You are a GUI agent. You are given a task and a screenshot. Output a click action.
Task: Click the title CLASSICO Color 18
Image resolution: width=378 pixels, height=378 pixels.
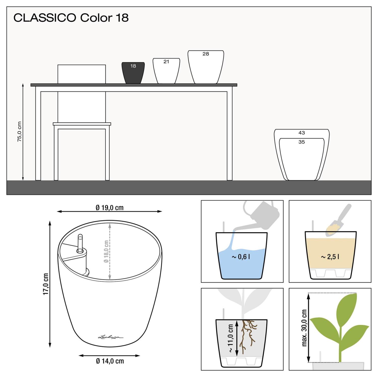[x=71, y=18]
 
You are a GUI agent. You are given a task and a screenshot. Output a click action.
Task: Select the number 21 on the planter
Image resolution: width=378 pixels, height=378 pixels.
[x=166, y=62]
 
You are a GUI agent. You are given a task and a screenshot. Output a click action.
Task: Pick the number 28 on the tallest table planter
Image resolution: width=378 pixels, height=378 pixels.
[x=206, y=54]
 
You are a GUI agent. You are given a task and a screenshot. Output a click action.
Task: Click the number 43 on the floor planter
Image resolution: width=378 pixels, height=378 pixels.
[x=301, y=133]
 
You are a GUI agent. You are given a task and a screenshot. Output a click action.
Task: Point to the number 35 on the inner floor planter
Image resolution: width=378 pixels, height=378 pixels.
[x=301, y=142]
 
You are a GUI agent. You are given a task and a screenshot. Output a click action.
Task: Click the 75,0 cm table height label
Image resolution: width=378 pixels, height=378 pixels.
[x=19, y=132]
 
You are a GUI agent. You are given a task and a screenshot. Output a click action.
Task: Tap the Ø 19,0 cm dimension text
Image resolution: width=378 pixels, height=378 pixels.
[x=109, y=208]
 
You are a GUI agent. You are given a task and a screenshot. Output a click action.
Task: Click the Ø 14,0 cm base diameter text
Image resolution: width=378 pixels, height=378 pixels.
[x=110, y=361]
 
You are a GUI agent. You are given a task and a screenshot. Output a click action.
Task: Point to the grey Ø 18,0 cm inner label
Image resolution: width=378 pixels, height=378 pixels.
[x=106, y=251]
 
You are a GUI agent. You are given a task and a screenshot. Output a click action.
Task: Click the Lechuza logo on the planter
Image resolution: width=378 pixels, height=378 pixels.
[x=111, y=337]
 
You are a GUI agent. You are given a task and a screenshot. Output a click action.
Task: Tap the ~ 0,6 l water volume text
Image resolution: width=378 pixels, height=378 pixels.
[x=241, y=257]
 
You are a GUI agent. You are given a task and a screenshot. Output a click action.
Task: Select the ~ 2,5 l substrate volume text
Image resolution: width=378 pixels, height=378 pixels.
[x=330, y=257]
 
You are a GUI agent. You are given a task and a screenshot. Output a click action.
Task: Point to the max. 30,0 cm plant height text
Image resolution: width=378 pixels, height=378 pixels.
[x=304, y=328]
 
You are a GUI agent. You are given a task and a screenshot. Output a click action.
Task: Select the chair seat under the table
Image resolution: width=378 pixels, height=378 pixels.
[x=82, y=124]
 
